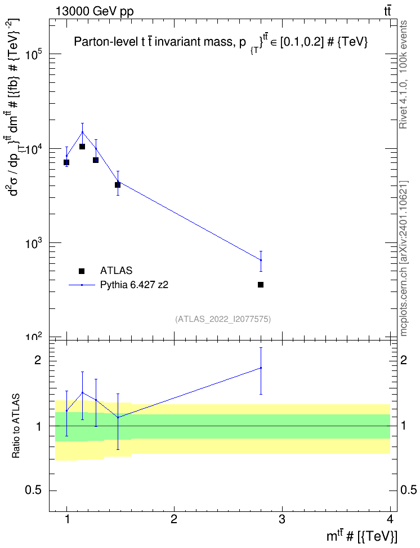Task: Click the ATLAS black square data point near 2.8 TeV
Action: pos(261,285)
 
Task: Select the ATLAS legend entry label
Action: pos(116,271)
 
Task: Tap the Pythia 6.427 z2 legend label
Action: pos(134,285)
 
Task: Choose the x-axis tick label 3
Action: pos(282,519)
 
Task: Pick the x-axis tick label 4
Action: pos(390,519)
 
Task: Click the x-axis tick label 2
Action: pos(174,519)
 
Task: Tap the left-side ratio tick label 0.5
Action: pos(33,490)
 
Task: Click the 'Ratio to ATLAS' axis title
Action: pos(16,426)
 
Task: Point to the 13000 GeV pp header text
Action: pos(95,11)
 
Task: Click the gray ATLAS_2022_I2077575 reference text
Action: pos(223,319)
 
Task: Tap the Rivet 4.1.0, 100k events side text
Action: pos(403,74)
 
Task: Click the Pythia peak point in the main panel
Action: pos(82,132)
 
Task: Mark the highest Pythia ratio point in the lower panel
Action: pos(261,368)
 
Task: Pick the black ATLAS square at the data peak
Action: pos(82,147)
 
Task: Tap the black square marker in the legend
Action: pos(82,271)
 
